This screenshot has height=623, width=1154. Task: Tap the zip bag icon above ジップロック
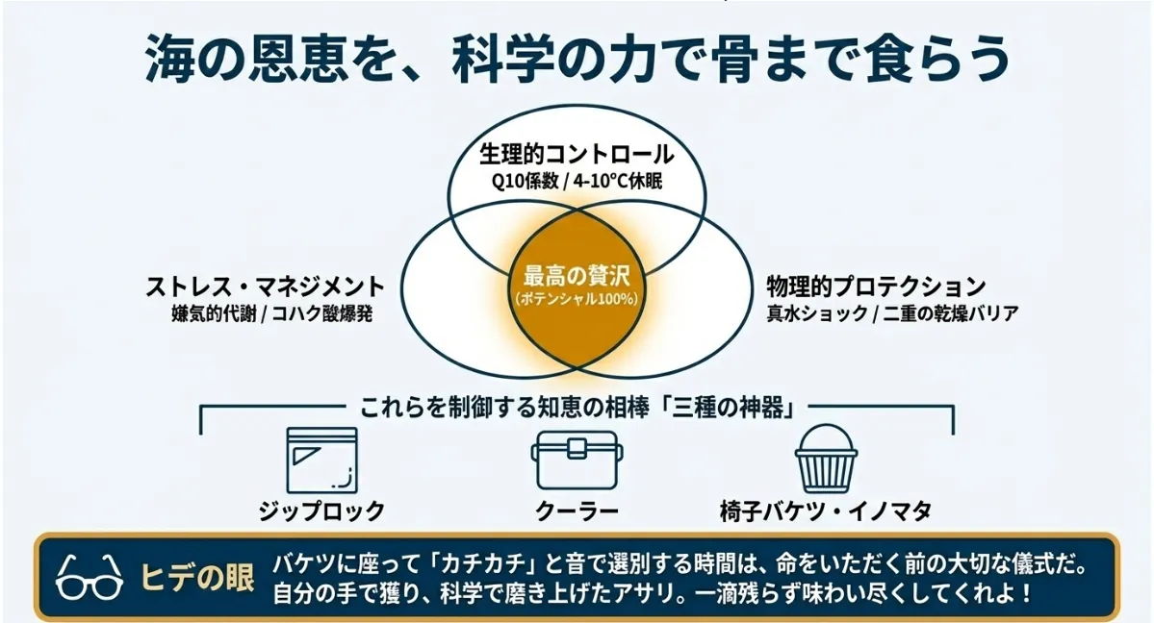coord(321,460)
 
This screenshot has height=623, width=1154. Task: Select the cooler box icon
coord(577,461)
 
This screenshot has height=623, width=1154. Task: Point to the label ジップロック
coord(321,511)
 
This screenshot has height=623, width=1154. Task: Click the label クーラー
coord(577,511)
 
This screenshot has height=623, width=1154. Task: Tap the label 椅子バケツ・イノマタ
coord(825,511)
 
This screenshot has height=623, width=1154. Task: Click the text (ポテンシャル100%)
coord(577,299)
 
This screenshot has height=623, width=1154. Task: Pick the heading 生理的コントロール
coord(577,155)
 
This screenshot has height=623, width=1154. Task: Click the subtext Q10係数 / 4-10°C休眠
coord(577,180)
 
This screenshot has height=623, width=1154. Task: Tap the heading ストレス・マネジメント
coord(265,287)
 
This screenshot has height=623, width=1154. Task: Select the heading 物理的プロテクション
coord(876,287)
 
